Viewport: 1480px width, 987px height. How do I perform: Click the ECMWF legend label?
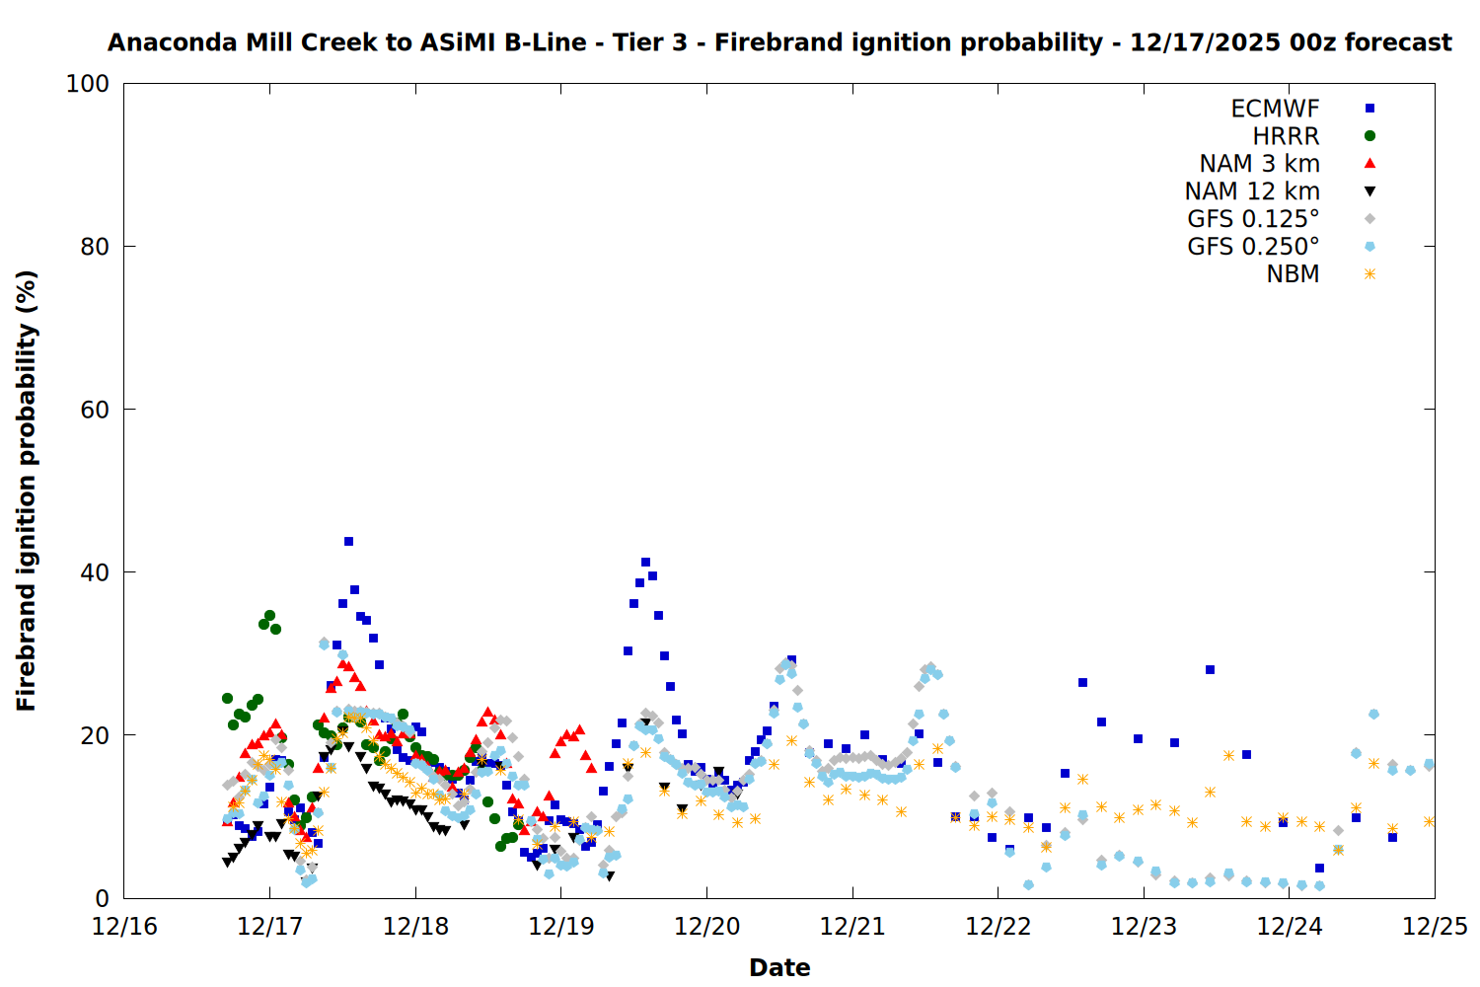tap(1275, 109)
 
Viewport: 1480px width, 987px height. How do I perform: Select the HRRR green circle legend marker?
tap(1369, 136)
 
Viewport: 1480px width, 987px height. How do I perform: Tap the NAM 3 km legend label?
tap(1259, 164)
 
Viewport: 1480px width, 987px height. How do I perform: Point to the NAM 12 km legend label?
tap(1252, 191)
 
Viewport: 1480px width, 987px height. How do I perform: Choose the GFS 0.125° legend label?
tap(1253, 219)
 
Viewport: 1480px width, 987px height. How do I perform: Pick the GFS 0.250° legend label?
tap(1253, 247)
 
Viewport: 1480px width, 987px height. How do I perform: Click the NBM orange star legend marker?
tap(1369, 274)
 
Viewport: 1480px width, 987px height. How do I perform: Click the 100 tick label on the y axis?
tap(87, 84)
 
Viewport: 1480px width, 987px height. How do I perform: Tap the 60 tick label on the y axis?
tap(94, 410)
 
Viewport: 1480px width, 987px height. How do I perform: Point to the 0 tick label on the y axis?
tap(102, 898)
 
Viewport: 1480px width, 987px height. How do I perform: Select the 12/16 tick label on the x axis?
tap(124, 927)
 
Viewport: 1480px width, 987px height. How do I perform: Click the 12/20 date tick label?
tap(706, 927)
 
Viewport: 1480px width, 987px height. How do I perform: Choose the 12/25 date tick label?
tap(1435, 927)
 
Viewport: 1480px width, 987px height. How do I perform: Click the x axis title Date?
tap(779, 967)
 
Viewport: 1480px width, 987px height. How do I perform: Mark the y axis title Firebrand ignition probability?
tap(27, 491)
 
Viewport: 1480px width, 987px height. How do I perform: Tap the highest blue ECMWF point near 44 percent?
tap(348, 541)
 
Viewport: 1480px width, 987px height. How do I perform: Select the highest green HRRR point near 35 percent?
tap(269, 616)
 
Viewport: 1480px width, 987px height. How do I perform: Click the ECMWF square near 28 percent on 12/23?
tap(1210, 669)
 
